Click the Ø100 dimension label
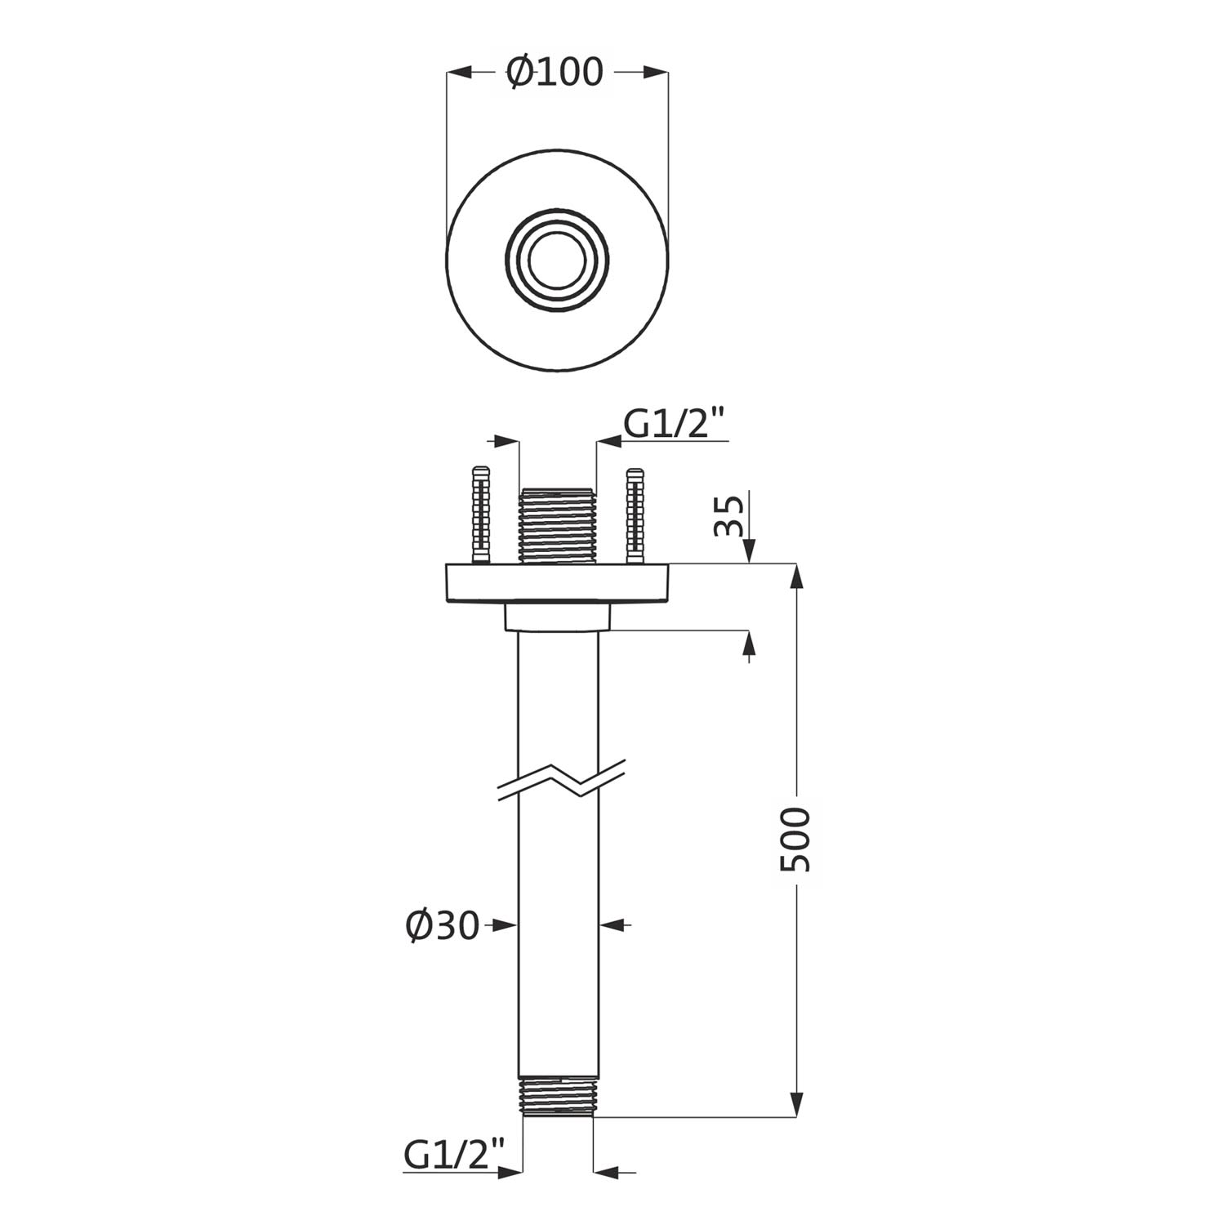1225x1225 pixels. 555,72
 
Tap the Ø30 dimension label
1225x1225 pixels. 443,925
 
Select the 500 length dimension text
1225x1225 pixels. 795,840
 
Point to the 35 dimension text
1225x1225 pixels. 728,514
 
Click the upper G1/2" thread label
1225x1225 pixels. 675,425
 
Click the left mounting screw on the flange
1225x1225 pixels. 480,514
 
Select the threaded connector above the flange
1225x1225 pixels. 559,525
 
